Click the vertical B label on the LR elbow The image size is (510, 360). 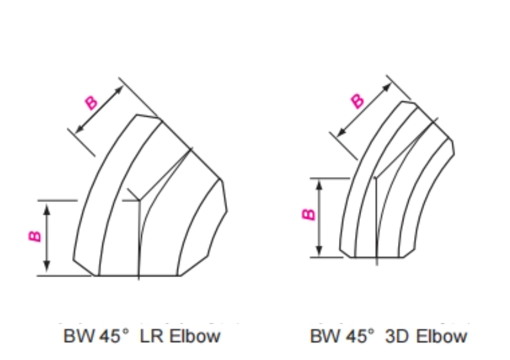[35, 236]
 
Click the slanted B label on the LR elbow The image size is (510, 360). [91, 103]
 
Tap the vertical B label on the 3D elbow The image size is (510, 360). [308, 214]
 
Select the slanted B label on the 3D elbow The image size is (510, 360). [357, 101]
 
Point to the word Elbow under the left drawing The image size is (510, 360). [194, 336]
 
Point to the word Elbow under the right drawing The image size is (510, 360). [441, 336]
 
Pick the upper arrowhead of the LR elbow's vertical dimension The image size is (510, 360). [48, 206]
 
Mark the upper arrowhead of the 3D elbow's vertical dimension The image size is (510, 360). [319, 184]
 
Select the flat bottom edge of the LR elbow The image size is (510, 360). [137, 275]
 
